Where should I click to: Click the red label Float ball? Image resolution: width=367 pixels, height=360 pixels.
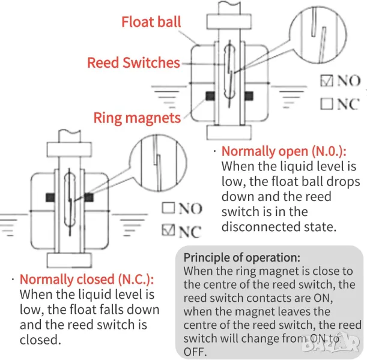click(x=151, y=23)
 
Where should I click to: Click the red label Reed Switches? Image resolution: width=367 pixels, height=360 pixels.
click(x=133, y=62)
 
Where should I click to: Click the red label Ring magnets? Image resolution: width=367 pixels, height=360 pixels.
click(x=137, y=117)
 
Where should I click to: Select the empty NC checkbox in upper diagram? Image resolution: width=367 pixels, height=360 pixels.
click(x=327, y=103)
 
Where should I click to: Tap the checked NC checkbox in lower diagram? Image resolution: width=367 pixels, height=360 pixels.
click(x=169, y=231)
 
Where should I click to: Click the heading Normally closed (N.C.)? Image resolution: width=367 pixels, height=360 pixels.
click(x=86, y=279)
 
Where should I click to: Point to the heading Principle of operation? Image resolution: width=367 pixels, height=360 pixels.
click(x=242, y=257)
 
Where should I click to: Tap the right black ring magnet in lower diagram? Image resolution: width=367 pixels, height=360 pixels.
click(x=89, y=196)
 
